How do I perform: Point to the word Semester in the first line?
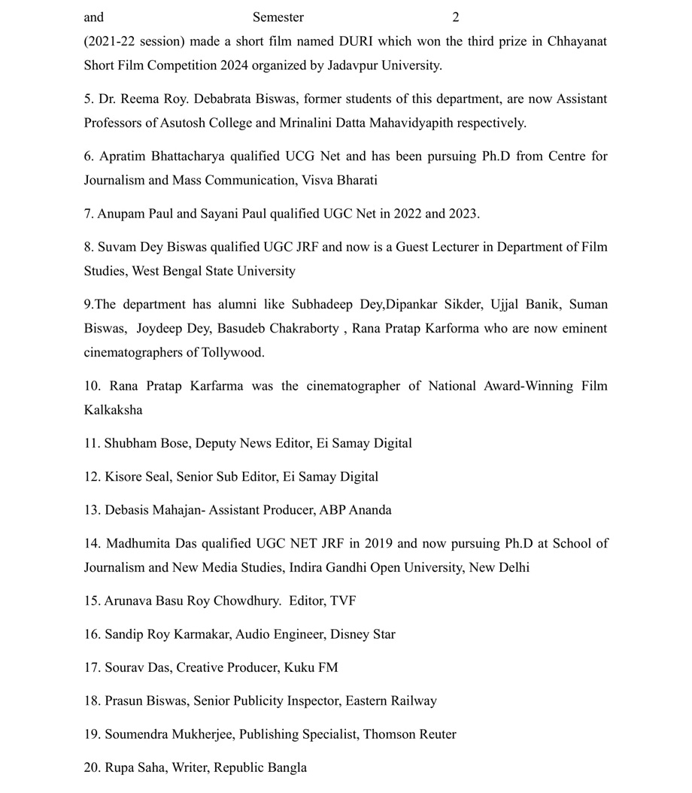pos(278,17)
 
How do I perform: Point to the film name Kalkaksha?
pos(113,410)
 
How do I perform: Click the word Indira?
pos(311,567)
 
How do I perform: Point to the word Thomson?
pos(389,734)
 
